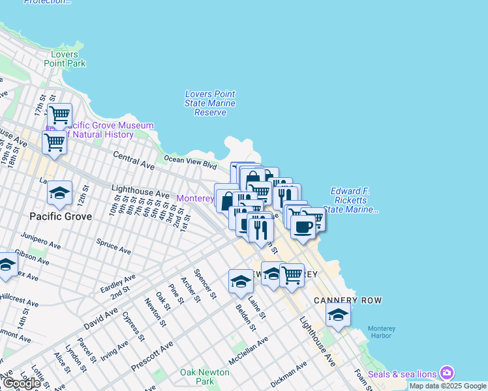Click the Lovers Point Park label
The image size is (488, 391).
65,59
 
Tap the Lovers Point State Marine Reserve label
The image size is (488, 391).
210,103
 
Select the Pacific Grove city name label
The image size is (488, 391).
61,216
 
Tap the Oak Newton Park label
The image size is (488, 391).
205,376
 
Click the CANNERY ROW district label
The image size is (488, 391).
347,300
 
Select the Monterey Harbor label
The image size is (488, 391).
382,332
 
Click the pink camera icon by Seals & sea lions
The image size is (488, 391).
447,373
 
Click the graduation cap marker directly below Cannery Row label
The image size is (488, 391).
338,315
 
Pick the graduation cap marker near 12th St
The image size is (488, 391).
59,192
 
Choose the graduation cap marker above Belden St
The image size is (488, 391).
241,282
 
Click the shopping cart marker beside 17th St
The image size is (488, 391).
59,115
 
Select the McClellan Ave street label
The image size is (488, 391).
248,352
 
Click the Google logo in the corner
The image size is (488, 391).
22,383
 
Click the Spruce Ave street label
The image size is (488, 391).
113,247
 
